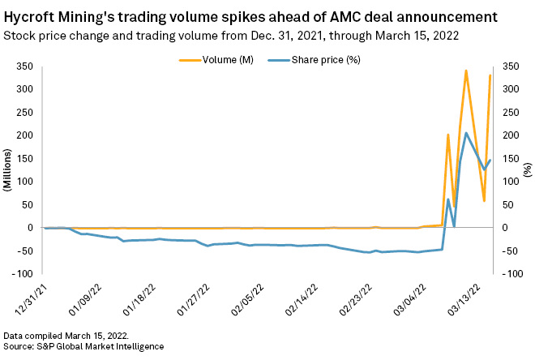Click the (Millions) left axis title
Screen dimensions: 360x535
tap(7, 171)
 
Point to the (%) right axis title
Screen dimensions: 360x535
tap(528, 171)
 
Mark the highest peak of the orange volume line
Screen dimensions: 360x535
tap(466, 71)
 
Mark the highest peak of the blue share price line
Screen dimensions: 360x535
tap(466, 133)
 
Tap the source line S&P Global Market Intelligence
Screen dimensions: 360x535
tap(83, 347)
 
